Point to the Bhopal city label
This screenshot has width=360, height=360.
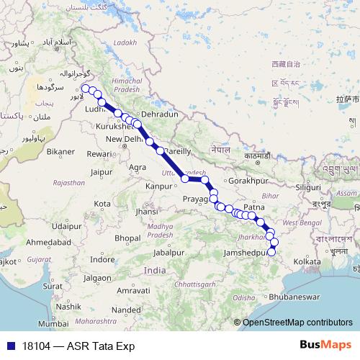coord(127,238)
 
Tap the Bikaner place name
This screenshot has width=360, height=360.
coord(60,152)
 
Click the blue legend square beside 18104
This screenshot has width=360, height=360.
coord(9,346)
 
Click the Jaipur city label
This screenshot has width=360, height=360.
coord(104,172)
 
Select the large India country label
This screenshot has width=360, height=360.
coord(154,269)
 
